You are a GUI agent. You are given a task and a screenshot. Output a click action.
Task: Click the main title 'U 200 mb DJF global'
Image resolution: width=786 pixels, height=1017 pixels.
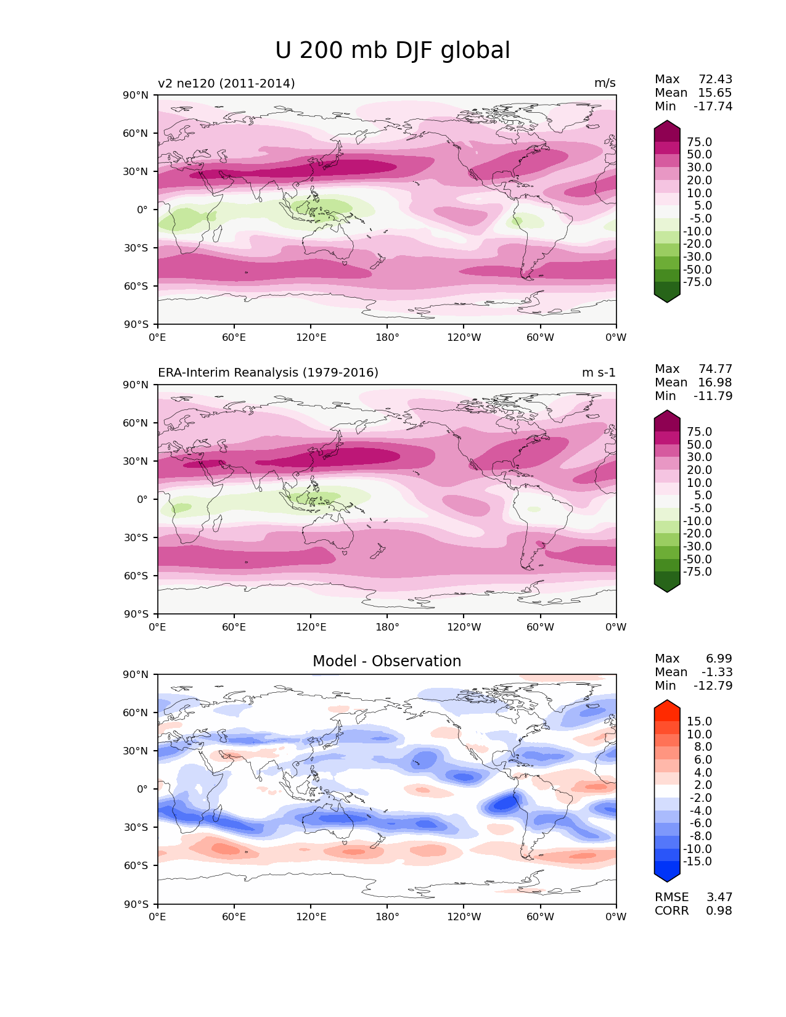point(392,51)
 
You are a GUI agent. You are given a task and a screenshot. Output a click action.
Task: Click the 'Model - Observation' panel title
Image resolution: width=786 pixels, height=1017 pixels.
point(387,661)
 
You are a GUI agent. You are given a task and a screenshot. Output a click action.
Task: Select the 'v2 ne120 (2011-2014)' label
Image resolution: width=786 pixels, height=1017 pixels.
point(226,83)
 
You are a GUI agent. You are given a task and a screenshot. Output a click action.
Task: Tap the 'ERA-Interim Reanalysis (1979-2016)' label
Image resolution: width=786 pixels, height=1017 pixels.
point(268,373)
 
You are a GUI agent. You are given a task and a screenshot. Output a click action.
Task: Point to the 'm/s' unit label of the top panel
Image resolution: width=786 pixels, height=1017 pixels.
point(605,83)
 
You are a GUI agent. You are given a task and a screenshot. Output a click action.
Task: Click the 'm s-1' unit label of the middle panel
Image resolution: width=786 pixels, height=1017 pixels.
point(599,373)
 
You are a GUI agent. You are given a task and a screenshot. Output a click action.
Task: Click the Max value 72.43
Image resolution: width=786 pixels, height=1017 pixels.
point(715,80)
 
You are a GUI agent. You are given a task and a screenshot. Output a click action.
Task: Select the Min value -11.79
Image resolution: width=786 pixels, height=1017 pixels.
point(713,396)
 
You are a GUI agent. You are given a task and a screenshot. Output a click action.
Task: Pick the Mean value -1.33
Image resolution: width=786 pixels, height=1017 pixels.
point(717,672)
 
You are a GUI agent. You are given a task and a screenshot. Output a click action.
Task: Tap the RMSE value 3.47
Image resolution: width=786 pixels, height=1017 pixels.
point(719,897)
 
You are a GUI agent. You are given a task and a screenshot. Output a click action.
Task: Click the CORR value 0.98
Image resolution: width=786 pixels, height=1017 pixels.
point(719,911)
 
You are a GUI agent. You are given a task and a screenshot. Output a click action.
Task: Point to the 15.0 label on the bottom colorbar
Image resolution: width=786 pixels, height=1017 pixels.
point(699,722)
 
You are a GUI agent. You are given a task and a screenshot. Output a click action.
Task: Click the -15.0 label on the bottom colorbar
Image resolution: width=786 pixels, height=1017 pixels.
point(697,862)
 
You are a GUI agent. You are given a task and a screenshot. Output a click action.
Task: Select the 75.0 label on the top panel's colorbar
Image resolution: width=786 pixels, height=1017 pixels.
point(699,142)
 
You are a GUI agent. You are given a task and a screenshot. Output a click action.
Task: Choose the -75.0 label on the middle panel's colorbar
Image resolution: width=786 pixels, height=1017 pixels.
point(697,572)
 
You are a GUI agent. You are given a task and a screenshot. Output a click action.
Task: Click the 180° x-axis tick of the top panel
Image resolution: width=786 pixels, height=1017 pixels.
point(387,338)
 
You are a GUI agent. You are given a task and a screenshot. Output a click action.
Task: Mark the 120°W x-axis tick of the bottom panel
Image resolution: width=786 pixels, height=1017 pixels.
point(464,917)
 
